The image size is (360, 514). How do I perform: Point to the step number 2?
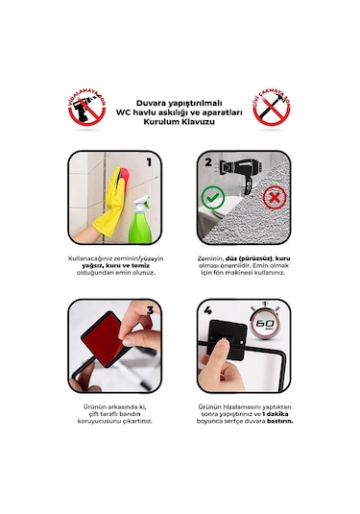208,163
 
